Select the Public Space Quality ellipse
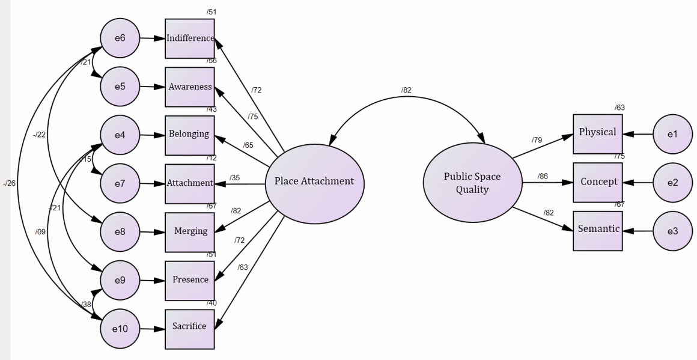[x=472, y=183]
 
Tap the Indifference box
[x=190, y=38]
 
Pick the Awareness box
[x=190, y=87]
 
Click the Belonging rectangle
[x=190, y=135]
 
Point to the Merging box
[x=190, y=231]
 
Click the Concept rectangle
[x=597, y=182]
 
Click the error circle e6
[x=120, y=38]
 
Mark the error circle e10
[x=120, y=329]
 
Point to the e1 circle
[x=672, y=134]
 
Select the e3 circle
[x=672, y=231]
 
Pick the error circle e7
[x=120, y=183]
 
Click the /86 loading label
[x=543, y=176]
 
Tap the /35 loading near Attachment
[x=234, y=177]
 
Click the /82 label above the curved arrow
[x=406, y=90]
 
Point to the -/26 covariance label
[x=9, y=183]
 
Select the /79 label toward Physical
[x=537, y=140]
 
